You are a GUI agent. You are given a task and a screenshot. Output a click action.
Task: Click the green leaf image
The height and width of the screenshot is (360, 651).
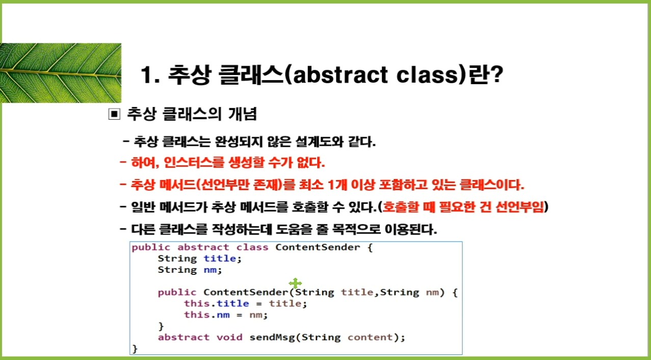pos(61,73)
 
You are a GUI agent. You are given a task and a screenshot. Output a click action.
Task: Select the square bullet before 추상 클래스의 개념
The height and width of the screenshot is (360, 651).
pos(114,114)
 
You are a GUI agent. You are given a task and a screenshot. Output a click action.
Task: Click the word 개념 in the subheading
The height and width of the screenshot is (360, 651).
pos(243,114)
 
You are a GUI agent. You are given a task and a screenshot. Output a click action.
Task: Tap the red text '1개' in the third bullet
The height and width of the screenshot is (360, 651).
pos(337,185)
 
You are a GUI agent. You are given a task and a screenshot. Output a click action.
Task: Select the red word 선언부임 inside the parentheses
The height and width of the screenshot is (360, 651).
pos(519,207)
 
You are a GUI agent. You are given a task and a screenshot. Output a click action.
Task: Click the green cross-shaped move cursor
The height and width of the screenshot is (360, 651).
pos(295,283)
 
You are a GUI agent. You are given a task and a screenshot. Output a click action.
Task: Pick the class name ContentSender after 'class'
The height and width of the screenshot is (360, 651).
pos(318,247)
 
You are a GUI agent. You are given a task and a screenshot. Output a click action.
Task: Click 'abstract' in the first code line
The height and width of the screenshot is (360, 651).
pos(203,247)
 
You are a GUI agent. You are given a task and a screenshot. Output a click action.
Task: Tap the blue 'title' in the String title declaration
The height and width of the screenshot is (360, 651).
pos(220,259)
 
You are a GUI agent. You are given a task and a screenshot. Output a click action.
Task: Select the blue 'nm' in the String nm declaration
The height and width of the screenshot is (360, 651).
pos(210,270)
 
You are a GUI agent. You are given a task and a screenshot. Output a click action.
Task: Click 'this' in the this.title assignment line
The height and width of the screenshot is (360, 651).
pos(196,303)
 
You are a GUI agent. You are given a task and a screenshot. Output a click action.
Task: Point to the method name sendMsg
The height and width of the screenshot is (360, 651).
pos(272,338)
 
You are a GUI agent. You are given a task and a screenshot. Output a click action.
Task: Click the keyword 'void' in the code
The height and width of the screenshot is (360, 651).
pos(229,338)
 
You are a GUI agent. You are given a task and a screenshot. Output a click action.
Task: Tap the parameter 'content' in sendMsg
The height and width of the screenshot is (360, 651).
pos(370,338)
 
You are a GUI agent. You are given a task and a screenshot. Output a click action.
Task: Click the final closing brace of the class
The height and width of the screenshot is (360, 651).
pos(135,349)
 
